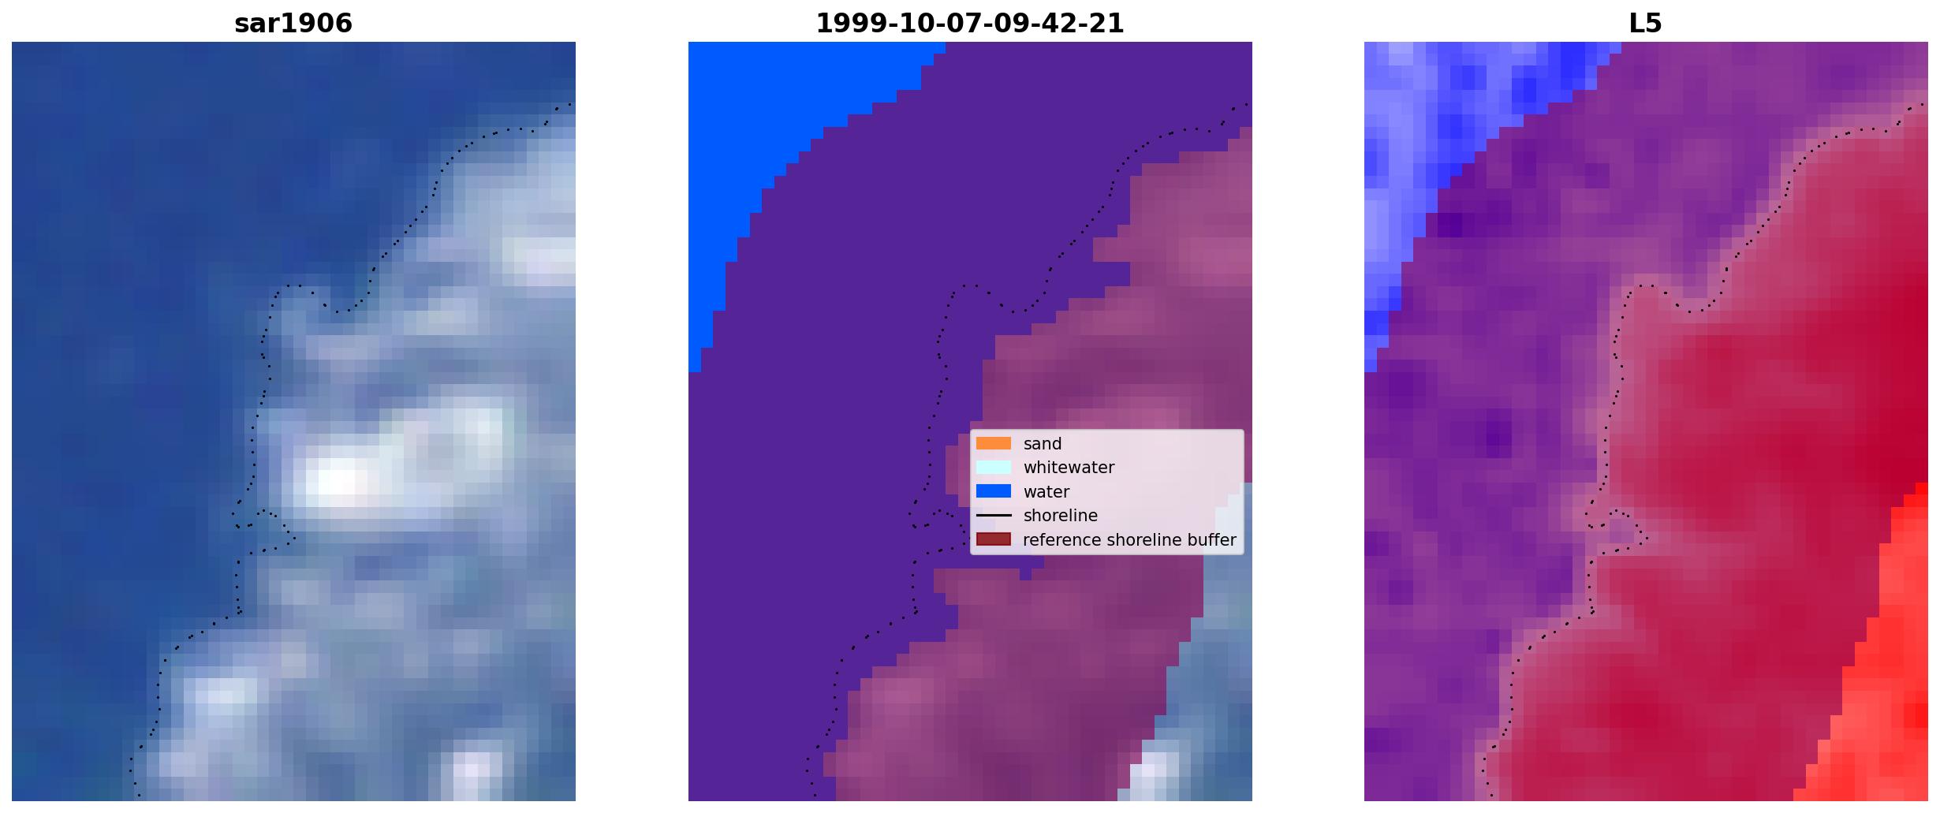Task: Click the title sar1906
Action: coord(293,24)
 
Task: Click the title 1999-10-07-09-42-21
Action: coord(970,24)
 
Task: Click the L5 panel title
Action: coord(1646,24)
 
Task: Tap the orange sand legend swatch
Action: coord(994,443)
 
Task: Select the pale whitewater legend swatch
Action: coord(994,467)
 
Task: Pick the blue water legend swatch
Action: coord(994,491)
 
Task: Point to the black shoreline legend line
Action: coord(994,515)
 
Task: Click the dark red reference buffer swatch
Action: coord(994,539)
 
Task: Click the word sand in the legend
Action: coord(1043,444)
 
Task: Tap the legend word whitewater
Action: coord(1069,468)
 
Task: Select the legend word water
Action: coord(1046,492)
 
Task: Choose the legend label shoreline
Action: coord(1061,516)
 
